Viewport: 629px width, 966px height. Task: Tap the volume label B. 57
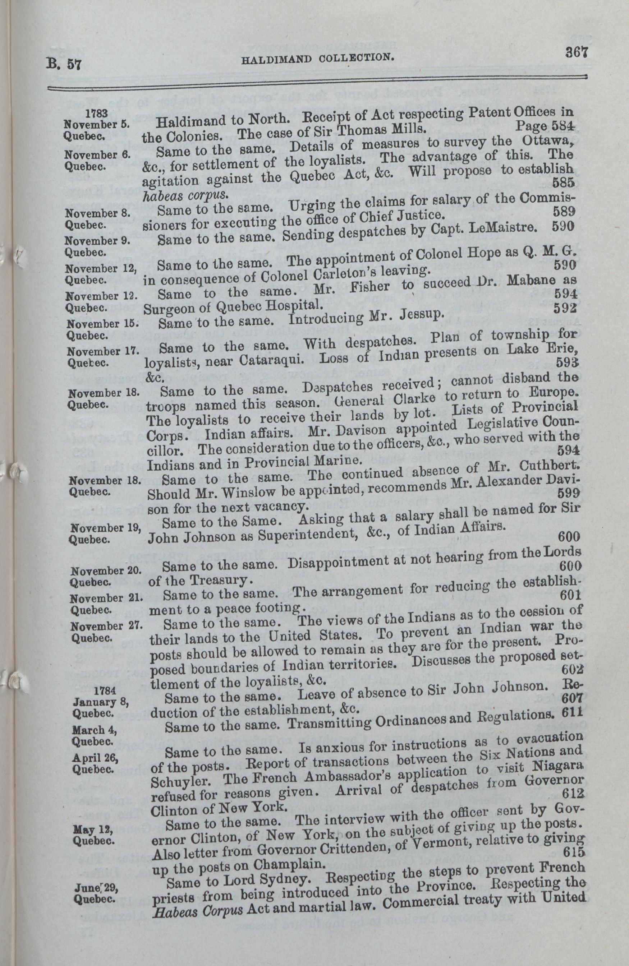pyautogui.click(x=63, y=64)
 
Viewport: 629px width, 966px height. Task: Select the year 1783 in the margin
pyautogui.click(x=97, y=113)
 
